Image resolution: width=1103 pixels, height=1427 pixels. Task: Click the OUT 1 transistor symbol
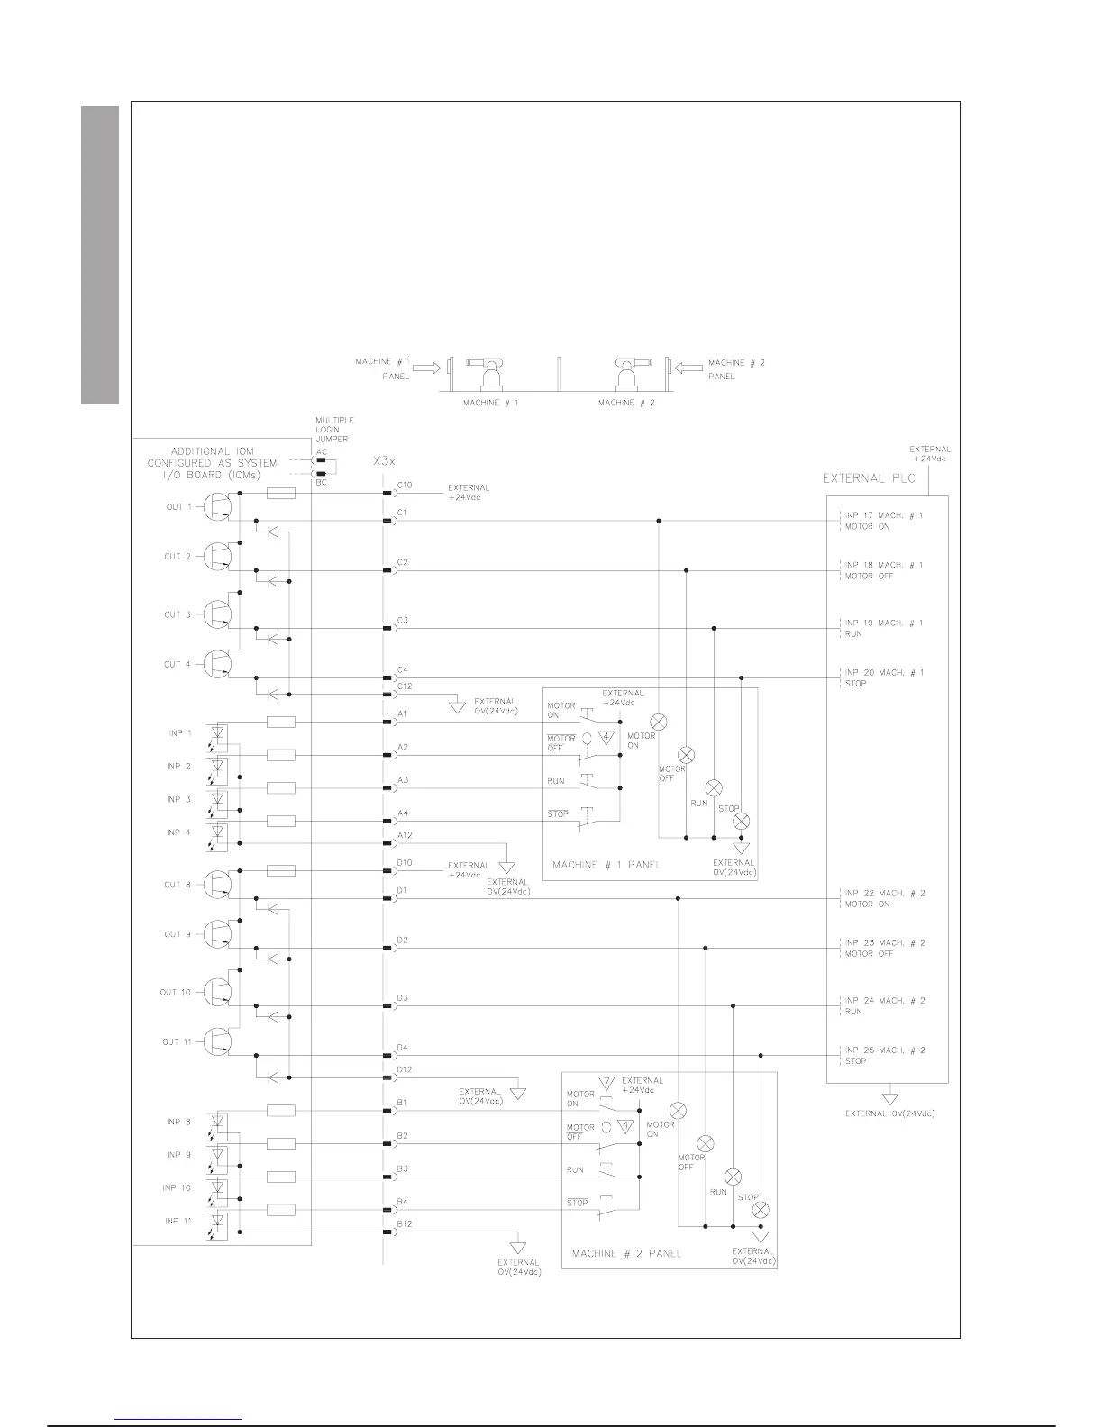[216, 507]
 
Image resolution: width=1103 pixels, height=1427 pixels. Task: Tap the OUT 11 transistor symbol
[216, 1042]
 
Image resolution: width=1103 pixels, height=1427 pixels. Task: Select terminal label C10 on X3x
[404, 486]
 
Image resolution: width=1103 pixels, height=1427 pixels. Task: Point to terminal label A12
[404, 835]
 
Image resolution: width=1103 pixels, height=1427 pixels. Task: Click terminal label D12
[404, 1069]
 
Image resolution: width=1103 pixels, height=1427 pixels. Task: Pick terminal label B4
[402, 1202]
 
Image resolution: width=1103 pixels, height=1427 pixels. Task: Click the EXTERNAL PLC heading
[870, 478]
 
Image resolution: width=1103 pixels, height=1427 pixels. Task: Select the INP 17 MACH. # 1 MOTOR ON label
[883, 521]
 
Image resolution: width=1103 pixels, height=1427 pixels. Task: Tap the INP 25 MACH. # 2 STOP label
[884, 1055]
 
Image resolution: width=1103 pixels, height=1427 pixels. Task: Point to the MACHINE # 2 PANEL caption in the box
[626, 1253]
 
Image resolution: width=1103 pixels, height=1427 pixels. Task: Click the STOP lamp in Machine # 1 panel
[742, 821]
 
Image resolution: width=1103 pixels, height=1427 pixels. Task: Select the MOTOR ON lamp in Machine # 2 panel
[679, 1111]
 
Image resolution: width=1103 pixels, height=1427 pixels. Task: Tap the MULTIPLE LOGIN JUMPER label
[333, 431]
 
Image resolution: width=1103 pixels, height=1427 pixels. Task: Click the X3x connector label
[384, 460]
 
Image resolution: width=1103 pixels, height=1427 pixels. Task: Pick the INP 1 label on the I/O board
[178, 733]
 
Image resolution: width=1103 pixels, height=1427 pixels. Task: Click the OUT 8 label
[178, 885]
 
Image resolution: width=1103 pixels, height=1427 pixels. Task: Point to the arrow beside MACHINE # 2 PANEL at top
[687, 367]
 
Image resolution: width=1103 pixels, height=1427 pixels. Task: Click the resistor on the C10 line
[282, 494]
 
